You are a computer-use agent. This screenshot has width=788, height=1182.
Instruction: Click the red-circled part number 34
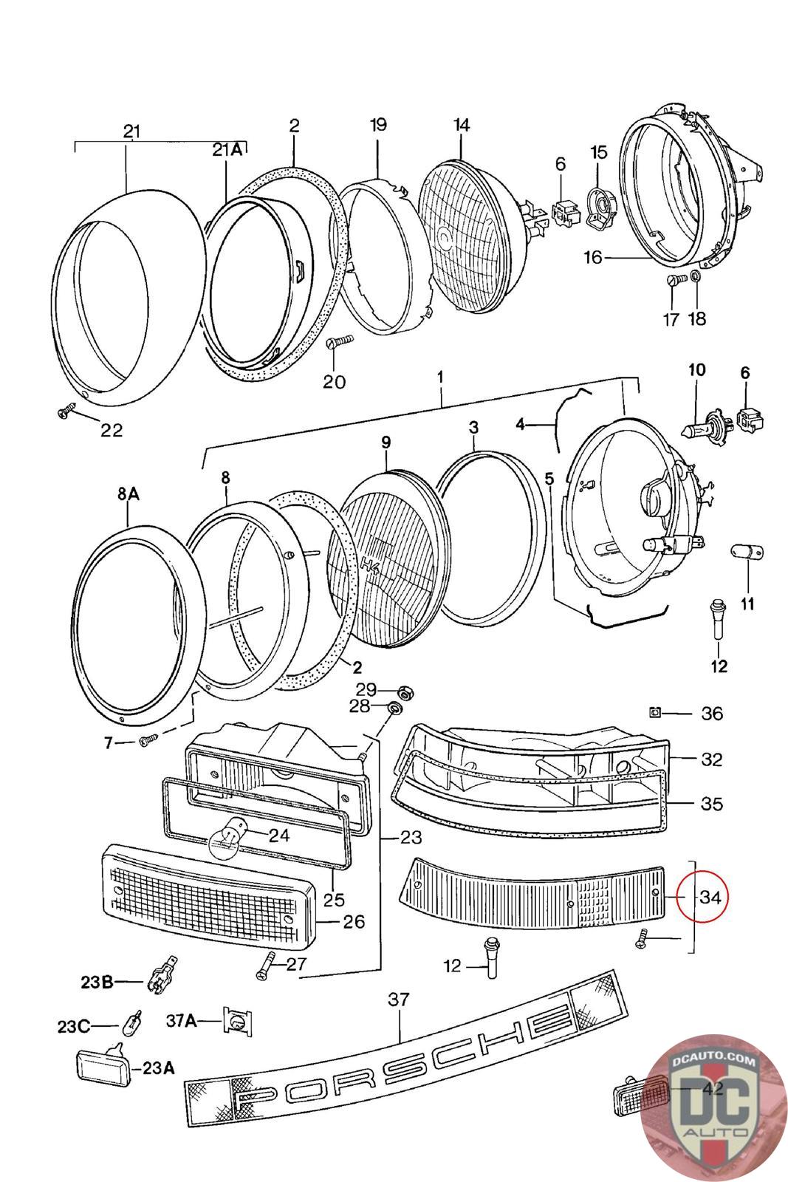pyautogui.click(x=710, y=897)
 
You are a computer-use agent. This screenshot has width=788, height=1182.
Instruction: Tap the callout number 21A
pyautogui.click(x=227, y=150)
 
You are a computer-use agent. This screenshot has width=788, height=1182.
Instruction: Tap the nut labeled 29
pyautogui.click(x=404, y=692)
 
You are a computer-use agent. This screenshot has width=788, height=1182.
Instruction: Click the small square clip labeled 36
pyautogui.click(x=654, y=712)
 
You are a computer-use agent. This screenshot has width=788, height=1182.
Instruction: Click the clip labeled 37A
pyautogui.click(x=236, y=1022)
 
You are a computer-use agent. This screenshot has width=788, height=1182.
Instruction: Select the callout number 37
pyautogui.click(x=397, y=1000)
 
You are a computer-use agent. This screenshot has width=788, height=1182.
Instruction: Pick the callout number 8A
pyautogui.click(x=128, y=493)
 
